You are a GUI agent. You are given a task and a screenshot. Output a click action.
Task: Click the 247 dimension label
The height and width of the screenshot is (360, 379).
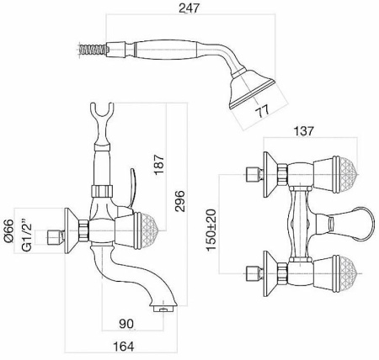pyautogui.click(x=189, y=8)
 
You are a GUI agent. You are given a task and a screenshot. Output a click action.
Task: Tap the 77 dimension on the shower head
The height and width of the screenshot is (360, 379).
pyautogui.click(x=262, y=111)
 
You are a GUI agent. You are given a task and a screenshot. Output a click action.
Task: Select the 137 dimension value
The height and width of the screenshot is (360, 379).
pyautogui.click(x=304, y=130)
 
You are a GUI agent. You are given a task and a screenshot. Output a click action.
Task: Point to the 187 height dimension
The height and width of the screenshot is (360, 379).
pyautogui.click(x=159, y=164)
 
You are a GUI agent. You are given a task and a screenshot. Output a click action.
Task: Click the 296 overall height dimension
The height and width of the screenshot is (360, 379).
pyautogui.click(x=179, y=201)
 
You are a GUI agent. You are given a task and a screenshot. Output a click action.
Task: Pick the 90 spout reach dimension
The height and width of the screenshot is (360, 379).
pyautogui.click(x=126, y=324)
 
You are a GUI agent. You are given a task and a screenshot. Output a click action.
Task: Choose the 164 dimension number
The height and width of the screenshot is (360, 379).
pyautogui.click(x=124, y=347)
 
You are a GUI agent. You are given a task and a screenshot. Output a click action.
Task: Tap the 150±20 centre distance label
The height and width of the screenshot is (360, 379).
pyautogui.click(x=212, y=230)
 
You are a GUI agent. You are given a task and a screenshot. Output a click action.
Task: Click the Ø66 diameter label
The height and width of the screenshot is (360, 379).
pyautogui.click(x=8, y=230)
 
